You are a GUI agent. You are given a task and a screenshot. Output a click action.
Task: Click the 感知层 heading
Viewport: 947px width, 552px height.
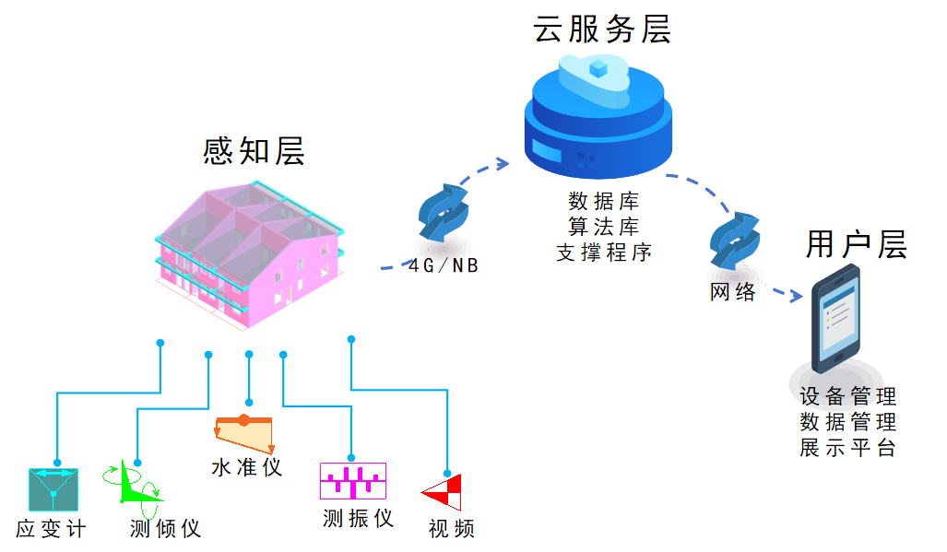tap(254, 151)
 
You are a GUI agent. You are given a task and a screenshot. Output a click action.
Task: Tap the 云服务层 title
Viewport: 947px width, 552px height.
tap(601, 29)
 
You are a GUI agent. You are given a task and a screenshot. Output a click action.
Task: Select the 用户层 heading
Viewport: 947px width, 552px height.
tap(856, 245)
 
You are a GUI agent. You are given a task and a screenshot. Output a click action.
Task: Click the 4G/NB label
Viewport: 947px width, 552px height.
tap(444, 265)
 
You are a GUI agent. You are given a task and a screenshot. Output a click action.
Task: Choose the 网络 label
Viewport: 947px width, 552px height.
tap(734, 292)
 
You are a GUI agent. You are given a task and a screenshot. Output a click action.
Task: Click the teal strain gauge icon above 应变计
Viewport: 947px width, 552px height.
tap(53, 489)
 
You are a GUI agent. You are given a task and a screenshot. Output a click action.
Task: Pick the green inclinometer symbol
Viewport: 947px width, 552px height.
tap(138, 487)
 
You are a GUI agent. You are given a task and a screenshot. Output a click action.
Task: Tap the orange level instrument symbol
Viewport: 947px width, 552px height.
tap(244, 430)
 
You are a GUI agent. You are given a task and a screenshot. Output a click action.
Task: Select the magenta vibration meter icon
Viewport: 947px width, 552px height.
tap(352, 480)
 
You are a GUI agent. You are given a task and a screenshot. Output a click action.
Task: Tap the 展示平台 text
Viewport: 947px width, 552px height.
tap(847, 449)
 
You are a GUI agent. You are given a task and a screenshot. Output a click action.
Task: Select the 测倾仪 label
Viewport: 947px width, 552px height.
tap(166, 529)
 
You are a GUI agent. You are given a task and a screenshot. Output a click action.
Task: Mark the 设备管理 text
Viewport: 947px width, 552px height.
tap(847, 397)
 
